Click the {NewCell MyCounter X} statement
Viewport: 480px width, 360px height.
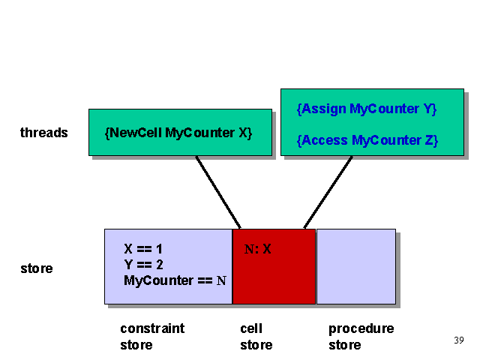pyautogui.click(x=178, y=133)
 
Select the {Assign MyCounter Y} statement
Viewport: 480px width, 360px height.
pyautogui.click(x=367, y=109)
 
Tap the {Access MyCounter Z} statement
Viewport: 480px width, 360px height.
pyautogui.click(x=367, y=140)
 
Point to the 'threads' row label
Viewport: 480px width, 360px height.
pyautogui.click(x=44, y=133)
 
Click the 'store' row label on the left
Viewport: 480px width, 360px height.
pyautogui.click(x=37, y=268)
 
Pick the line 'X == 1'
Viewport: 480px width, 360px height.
pyautogui.click(x=143, y=249)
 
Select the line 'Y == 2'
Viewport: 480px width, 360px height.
pyautogui.click(x=143, y=265)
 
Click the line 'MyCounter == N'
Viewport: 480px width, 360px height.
pyautogui.click(x=175, y=280)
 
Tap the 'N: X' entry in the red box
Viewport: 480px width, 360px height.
pyautogui.click(x=258, y=249)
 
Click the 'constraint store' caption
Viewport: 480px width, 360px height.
pyautogui.click(x=152, y=337)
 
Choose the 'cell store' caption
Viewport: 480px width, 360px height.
pyautogui.click(x=256, y=337)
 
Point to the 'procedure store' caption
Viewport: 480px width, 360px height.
pyautogui.click(x=361, y=337)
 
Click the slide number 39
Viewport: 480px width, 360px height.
pyautogui.click(x=459, y=340)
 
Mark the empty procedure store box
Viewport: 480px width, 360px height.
pyautogui.click(x=356, y=267)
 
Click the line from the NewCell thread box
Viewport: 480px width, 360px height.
pyautogui.click(x=218, y=192)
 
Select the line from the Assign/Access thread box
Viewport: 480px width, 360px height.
pyautogui.click(x=328, y=192)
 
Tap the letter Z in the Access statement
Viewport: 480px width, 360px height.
pyautogui.click(x=429, y=140)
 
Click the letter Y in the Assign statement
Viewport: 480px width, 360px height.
pyautogui.click(x=427, y=109)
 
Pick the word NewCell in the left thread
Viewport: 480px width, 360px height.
pyautogui.click(x=136, y=133)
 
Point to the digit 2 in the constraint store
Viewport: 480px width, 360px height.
pyautogui.click(x=160, y=265)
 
